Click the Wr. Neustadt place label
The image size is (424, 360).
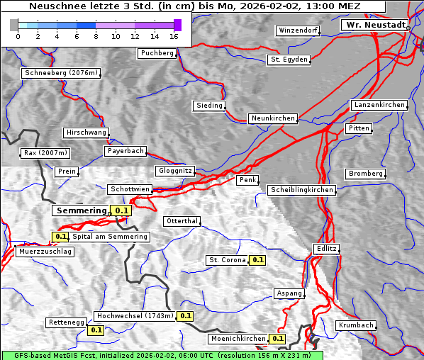tap(375, 25)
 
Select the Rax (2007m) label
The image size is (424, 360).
tap(45, 153)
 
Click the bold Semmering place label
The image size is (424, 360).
tap(80, 210)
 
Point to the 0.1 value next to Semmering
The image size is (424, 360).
tap(122, 210)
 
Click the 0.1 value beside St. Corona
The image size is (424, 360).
tap(257, 260)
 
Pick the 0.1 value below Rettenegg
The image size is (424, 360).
tap(95, 330)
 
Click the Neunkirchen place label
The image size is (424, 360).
tap(272, 118)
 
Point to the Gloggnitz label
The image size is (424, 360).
tap(174, 171)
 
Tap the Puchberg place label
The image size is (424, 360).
tap(157, 53)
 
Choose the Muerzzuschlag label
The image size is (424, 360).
tap(44, 252)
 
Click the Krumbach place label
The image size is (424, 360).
tap(355, 325)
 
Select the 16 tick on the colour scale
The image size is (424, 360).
tap(174, 36)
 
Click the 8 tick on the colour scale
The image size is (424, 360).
tap(96, 36)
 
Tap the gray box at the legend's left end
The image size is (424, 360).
tap(13, 25)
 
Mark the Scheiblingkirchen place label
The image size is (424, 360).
tap(301, 190)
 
